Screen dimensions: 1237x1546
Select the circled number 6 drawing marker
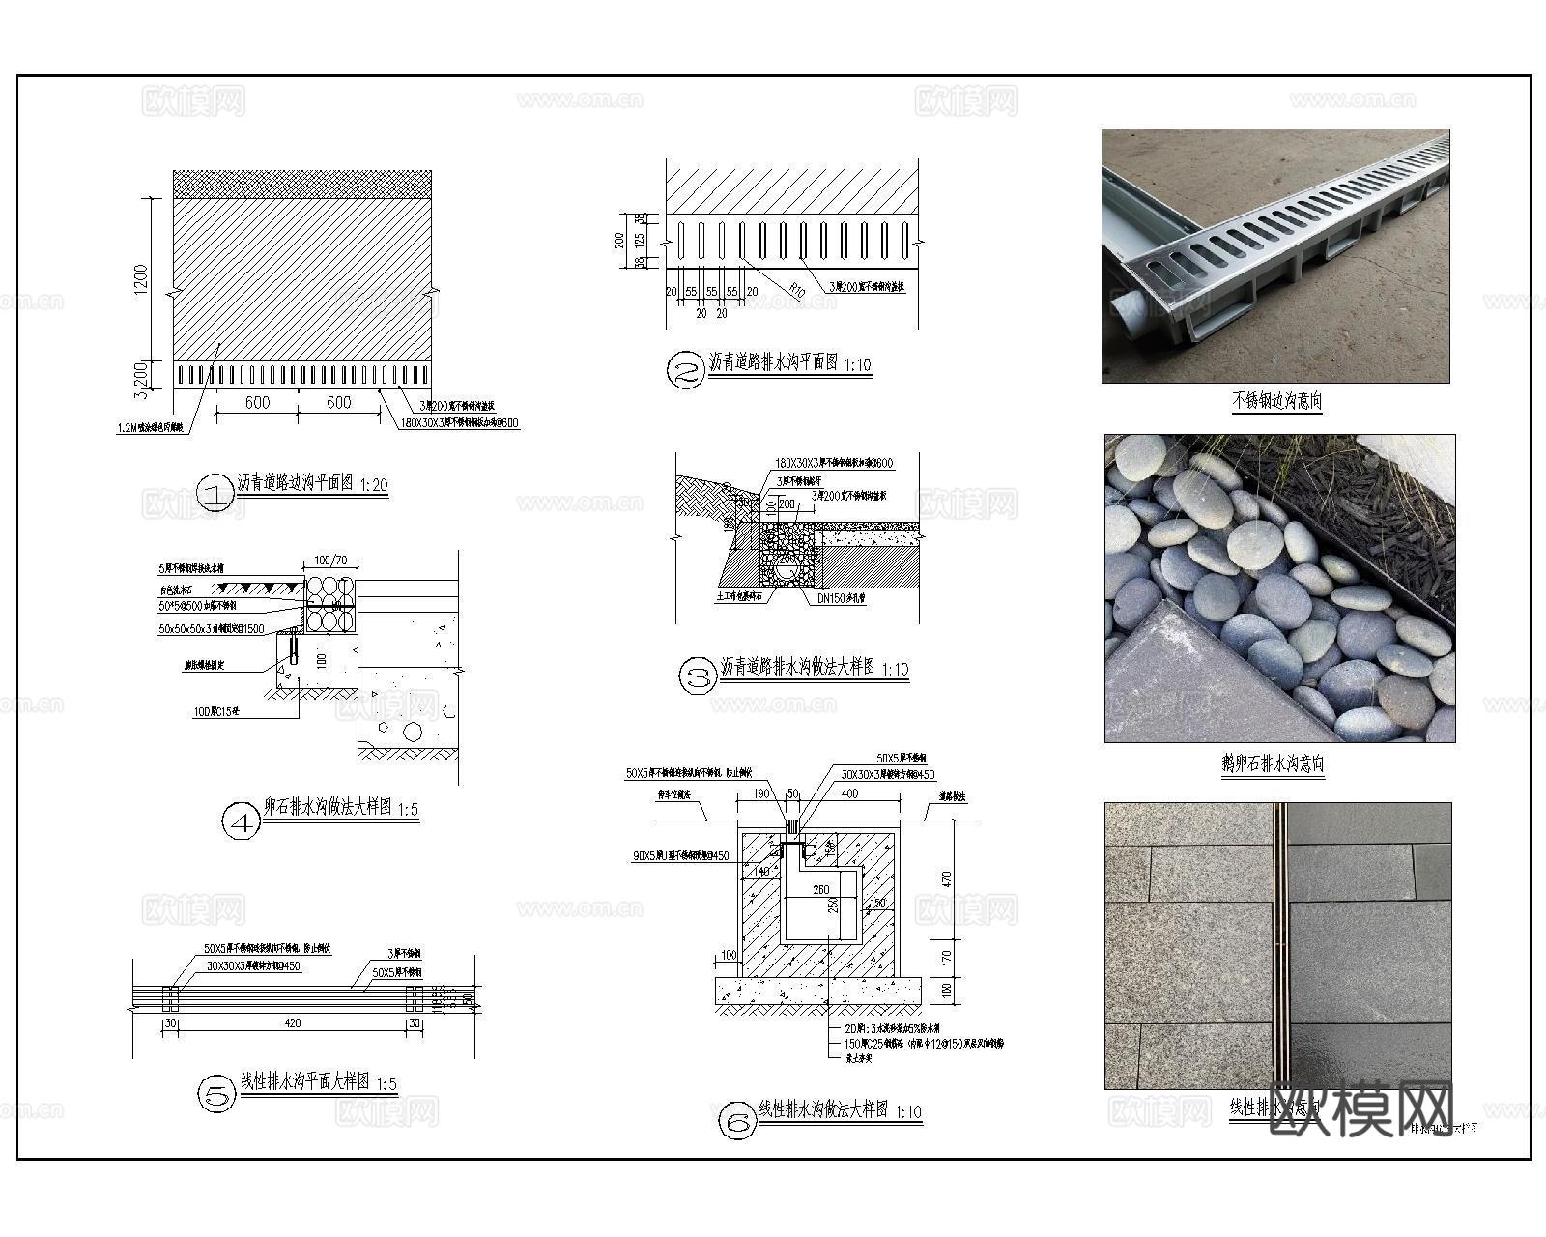coord(737,1122)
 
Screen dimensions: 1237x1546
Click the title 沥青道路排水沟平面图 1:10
coord(788,363)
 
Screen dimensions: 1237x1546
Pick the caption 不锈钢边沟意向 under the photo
coord(1275,400)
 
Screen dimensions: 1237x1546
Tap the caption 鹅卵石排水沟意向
coord(1273,764)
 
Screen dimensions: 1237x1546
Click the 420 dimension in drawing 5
coord(293,1023)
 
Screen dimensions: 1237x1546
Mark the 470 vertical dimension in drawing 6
coord(947,879)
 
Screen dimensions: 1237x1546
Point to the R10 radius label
coord(796,288)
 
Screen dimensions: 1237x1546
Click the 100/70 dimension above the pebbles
coord(330,561)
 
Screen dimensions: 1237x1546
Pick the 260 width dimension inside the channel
coord(820,890)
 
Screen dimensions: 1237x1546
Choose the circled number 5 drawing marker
coord(216,1095)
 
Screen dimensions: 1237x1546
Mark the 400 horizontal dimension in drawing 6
coord(849,793)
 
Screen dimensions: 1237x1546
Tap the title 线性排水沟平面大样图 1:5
coord(318,1082)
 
